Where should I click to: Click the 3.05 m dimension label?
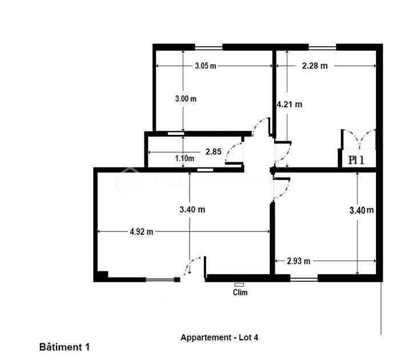click(205, 66)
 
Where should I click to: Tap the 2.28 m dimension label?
click(315, 66)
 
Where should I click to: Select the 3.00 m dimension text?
click(186, 98)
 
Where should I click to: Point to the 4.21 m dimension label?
click(289, 104)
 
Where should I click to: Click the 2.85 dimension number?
click(213, 151)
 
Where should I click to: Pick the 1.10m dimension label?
click(185, 158)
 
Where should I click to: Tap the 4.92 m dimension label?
click(142, 231)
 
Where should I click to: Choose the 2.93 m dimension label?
click(298, 261)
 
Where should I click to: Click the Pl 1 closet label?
click(356, 160)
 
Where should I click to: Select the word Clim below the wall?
click(240, 293)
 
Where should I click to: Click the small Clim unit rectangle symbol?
click(239, 284)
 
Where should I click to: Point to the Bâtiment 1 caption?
click(65, 346)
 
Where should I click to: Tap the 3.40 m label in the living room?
click(192, 210)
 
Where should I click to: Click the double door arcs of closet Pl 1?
click(358, 139)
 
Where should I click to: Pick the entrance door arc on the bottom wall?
click(194, 267)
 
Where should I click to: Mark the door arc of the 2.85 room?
click(234, 153)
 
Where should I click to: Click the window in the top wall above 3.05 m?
click(208, 46)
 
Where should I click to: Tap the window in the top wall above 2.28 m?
click(322, 46)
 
